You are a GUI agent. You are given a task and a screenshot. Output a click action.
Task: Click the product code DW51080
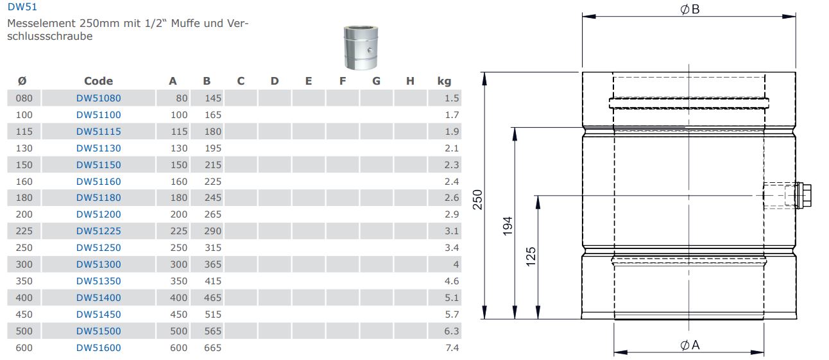(98, 98)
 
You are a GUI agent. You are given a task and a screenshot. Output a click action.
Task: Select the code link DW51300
(98, 264)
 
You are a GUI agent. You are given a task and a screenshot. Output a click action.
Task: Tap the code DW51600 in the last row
(98, 348)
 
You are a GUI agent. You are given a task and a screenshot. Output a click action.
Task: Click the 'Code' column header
(98, 81)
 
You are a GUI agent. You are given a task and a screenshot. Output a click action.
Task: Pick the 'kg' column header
(444, 81)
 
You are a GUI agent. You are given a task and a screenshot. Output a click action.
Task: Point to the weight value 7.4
(452, 348)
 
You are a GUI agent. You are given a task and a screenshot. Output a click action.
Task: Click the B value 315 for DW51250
(213, 248)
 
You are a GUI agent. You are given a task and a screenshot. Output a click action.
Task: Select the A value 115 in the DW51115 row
(179, 132)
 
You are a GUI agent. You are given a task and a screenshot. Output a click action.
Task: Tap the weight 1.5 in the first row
(452, 98)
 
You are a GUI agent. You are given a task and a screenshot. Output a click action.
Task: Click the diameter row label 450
(24, 314)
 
